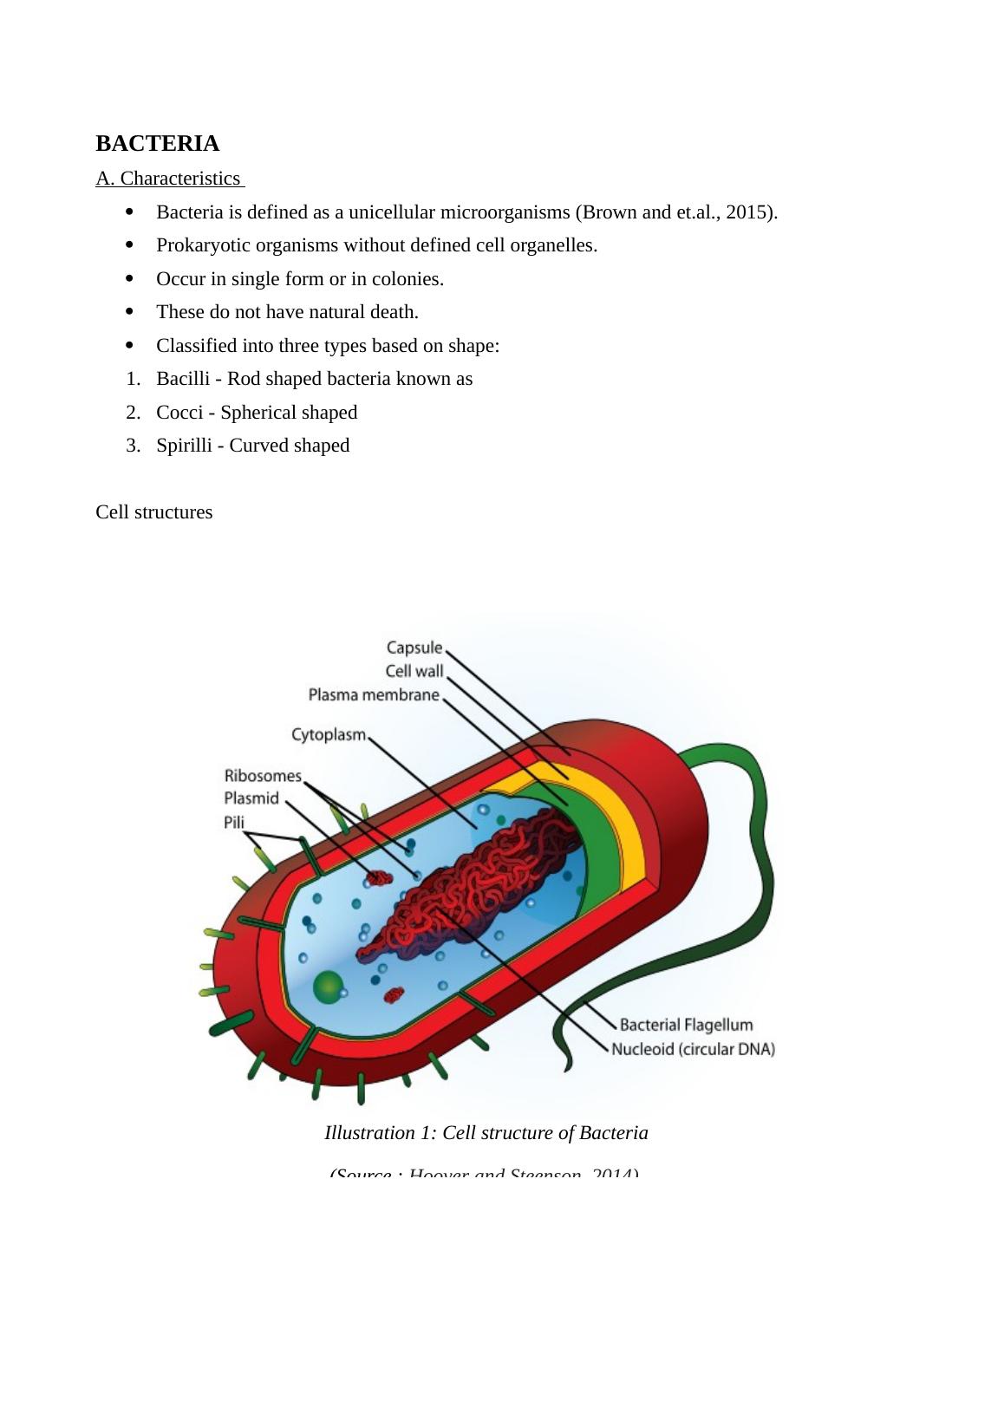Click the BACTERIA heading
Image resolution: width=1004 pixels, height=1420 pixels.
[157, 144]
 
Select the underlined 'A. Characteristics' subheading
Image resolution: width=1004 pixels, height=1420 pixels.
[168, 179]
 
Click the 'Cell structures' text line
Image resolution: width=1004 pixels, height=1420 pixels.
[154, 512]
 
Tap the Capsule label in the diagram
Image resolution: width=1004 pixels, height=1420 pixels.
[414, 648]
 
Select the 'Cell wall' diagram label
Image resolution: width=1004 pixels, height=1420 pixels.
[414, 671]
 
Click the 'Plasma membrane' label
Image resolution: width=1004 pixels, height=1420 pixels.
[374, 694]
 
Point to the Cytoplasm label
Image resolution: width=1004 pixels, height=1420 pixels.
[329, 734]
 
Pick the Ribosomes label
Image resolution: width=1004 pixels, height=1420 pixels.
[263, 775]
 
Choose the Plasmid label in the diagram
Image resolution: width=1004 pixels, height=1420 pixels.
[251, 798]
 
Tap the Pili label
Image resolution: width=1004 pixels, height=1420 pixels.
[234, 822]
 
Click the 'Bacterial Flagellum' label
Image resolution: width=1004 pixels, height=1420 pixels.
[686, 1025]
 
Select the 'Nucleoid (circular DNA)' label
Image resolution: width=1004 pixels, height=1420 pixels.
[693, 1049]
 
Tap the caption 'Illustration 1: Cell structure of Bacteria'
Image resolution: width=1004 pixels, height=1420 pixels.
[486, 1133]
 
